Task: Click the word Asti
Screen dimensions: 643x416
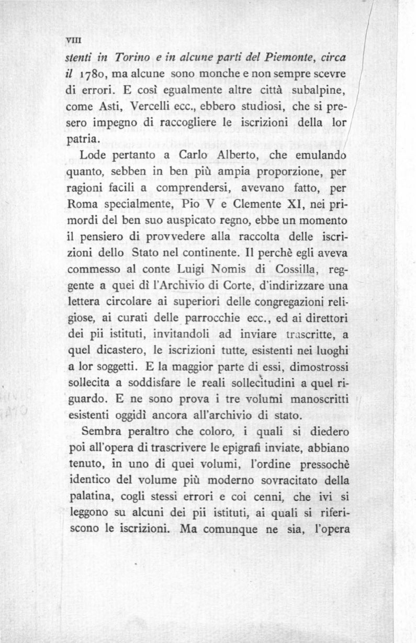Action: tap(110, 106)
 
